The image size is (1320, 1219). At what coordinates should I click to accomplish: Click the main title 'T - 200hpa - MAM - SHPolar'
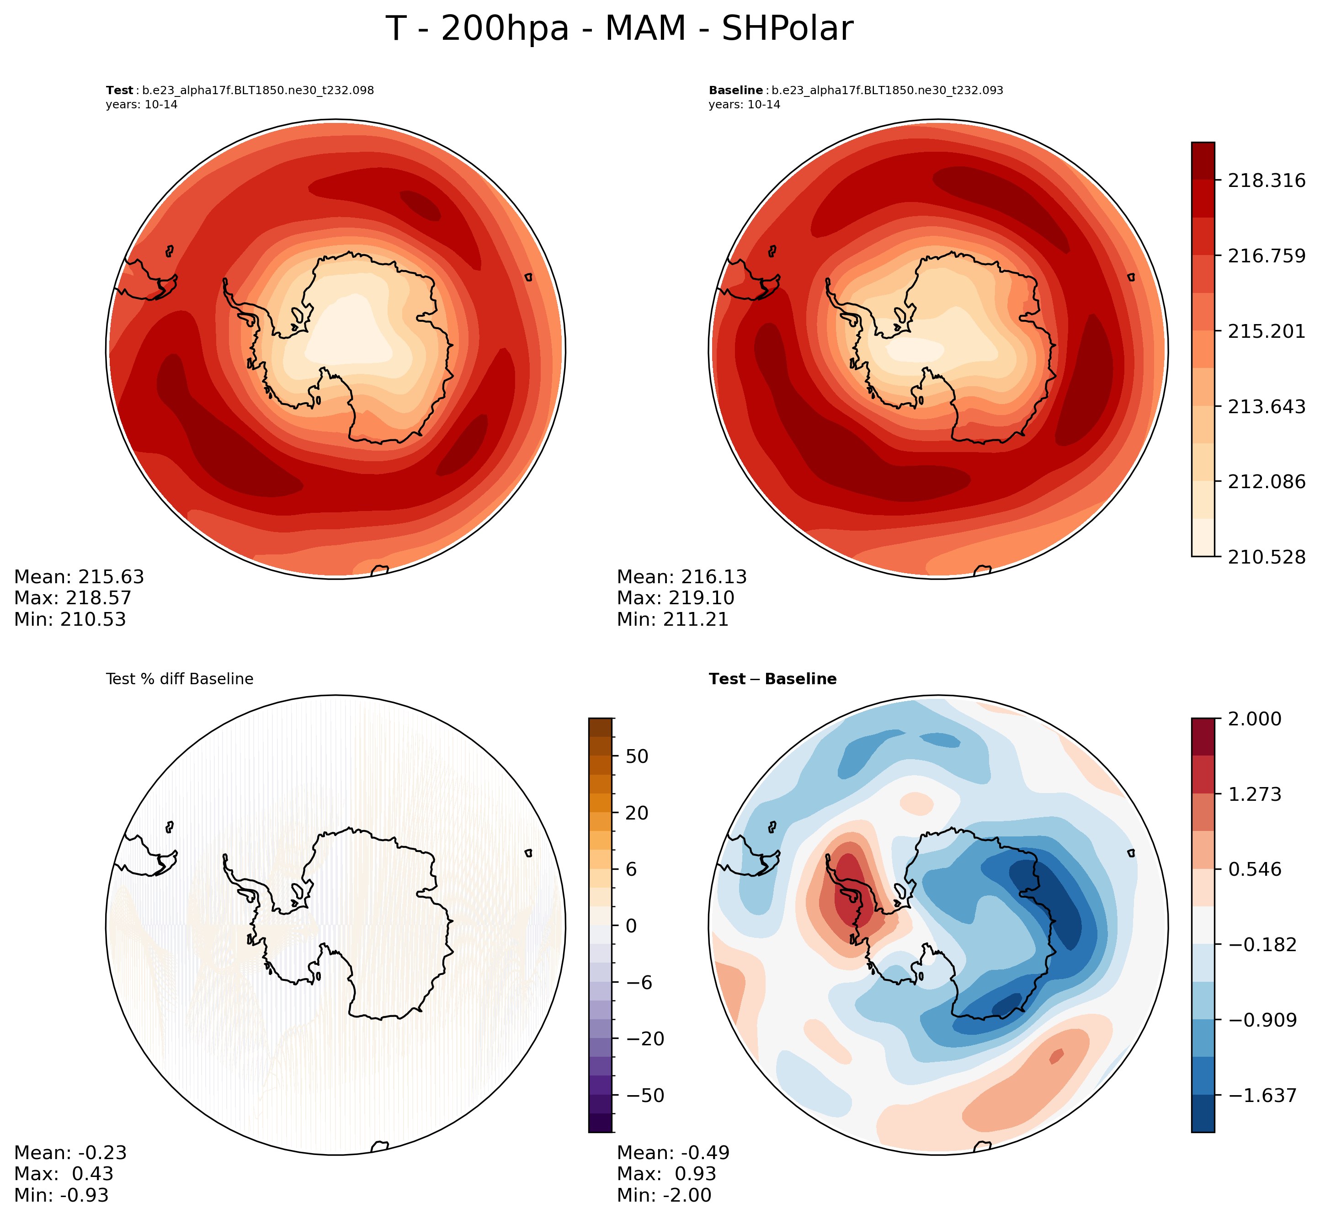coord(619,29)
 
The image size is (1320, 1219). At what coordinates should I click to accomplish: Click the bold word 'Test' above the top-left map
coord(119,90)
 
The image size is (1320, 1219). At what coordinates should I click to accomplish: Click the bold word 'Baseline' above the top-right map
coord(735,90)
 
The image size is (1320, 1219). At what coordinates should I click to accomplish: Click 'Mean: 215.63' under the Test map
coord(79,577)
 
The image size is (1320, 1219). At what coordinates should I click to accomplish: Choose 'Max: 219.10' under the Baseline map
coord(676,598)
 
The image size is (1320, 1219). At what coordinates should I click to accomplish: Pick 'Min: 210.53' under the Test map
coord(70,619)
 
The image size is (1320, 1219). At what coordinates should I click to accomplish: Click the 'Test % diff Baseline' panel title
coord(180,679)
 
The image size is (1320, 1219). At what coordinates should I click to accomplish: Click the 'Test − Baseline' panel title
coord(772,679)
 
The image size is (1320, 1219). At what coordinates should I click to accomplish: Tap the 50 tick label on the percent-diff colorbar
coord(637,756)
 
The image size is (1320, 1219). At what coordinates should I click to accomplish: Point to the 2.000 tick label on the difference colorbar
coord(1254,719)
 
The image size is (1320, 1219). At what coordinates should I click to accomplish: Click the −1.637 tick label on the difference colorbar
coord(1261,1096)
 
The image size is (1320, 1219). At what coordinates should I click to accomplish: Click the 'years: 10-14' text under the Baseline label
coord(745,105)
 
